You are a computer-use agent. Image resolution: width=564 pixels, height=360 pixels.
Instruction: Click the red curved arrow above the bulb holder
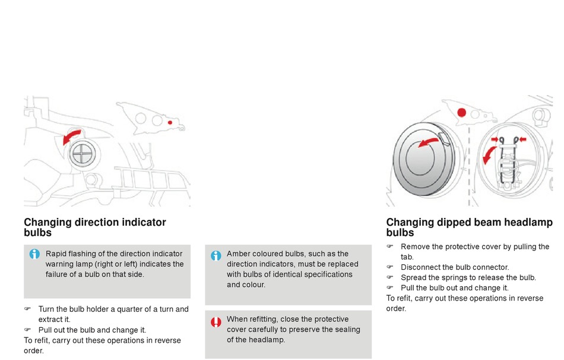[x=72, y=137]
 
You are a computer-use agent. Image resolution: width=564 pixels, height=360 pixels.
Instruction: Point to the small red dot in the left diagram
[x=170, y=122]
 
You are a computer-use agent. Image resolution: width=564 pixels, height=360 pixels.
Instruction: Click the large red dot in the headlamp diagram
[x=462, y=113]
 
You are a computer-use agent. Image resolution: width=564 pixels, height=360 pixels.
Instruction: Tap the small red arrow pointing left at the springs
[x=522, y=140]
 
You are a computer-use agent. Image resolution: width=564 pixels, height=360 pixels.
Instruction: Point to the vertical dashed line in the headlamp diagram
[x=469, y=166]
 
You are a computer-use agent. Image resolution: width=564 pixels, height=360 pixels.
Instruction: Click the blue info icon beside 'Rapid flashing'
[x=35, y=254]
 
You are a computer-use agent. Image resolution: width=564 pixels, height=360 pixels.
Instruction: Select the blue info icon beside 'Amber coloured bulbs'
[x=216, y=255]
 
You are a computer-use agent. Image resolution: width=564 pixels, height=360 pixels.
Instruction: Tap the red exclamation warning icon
[x=216, y=322]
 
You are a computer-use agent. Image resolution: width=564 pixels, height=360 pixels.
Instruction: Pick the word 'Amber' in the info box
[x=239, y=254]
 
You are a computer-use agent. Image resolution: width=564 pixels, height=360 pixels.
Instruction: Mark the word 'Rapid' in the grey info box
[x=56, y=254]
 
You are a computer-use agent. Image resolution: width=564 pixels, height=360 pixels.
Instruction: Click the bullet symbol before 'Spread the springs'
[x=390, y=277]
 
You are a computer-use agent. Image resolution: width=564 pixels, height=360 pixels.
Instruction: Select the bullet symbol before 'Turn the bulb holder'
[x=27, y=310]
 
